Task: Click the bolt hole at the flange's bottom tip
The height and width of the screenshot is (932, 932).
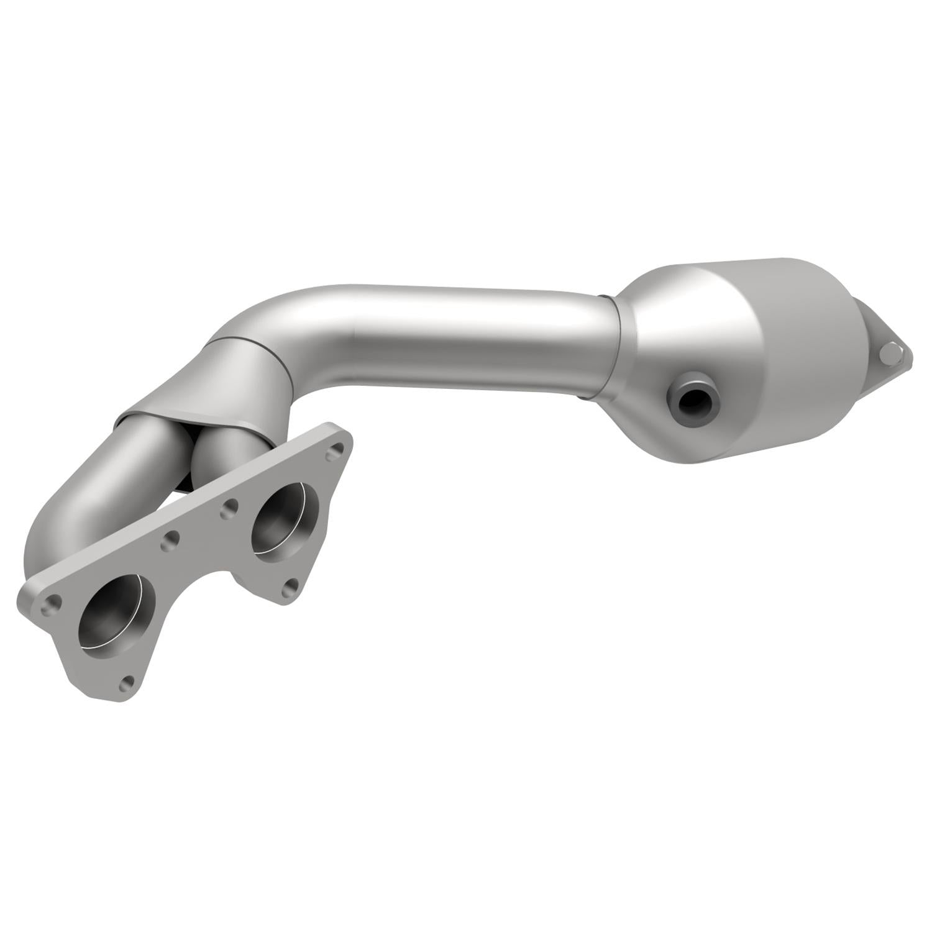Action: [128, 683]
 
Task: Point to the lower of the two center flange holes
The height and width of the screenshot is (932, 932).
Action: [169, 542]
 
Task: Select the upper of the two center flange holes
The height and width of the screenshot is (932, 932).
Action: [230, 507]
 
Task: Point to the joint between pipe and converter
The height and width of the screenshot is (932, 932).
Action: [612, 348]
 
